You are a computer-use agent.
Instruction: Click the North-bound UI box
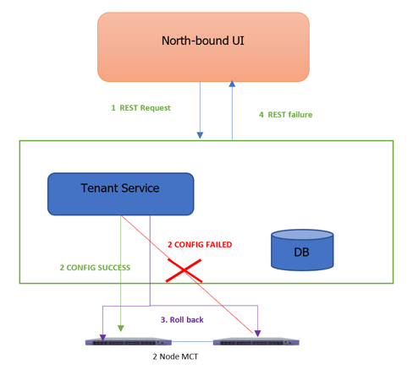(x=203, y=46)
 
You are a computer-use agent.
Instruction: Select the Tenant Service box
(x=120, y=193)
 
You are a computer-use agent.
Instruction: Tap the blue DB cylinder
(x=301, y=251)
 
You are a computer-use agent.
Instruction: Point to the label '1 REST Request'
(x=140, y=108)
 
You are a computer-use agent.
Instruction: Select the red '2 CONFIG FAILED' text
(x=199, y=245)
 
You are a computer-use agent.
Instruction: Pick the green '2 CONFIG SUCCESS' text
(x=95, y=268)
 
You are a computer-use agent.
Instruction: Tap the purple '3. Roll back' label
(x=181, y=319)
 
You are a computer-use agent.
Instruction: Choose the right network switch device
(x=257, y=342)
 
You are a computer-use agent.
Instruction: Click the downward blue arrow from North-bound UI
(x=200, y=110)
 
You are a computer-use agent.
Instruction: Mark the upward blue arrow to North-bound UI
(x=231, y=110)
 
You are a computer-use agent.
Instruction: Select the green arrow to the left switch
(x=122, y=279)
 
